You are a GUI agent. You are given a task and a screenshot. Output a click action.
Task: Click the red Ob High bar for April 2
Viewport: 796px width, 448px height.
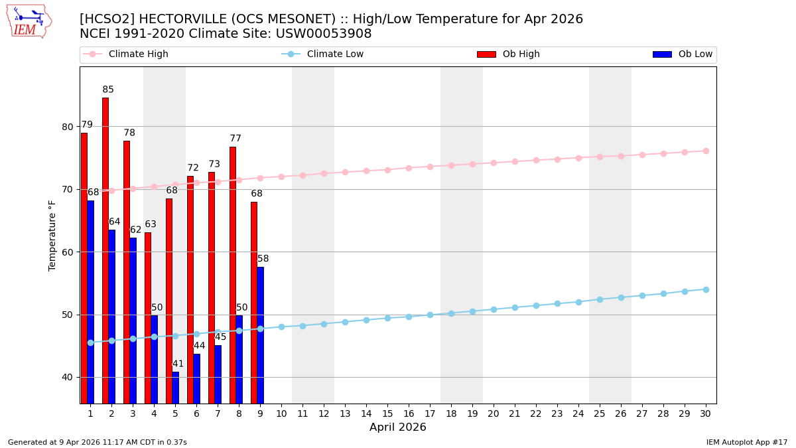(105, 250)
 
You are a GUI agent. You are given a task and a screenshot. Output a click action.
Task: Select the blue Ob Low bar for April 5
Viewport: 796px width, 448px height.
(175, 388)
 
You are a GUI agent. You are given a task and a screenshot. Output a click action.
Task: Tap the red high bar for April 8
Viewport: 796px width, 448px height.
(233, 275)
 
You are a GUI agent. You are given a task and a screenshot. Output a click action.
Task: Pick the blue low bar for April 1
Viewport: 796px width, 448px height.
(90, 302)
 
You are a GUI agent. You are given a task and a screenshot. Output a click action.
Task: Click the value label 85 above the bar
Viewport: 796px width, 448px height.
(108, 90)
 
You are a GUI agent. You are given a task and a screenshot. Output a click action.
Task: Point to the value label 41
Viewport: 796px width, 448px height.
(178, 364)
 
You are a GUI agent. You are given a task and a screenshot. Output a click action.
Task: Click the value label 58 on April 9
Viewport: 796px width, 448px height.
(263, 259)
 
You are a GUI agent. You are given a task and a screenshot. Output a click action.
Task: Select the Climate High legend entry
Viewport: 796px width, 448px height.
(138, 54)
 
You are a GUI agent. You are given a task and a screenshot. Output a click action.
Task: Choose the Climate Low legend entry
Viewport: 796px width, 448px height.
(335, 54)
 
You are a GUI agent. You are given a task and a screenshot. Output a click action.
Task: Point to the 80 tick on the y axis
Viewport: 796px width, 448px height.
(68, 127)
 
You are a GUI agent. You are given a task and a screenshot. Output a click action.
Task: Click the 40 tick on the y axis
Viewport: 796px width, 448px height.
(68, 377)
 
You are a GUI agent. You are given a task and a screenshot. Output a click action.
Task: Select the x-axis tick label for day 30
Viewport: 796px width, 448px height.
(706, 413)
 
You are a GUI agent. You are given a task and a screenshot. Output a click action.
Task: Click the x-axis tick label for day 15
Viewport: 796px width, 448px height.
(387, 413)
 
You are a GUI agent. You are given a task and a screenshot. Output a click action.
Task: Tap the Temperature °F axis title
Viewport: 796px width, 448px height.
(52, 235)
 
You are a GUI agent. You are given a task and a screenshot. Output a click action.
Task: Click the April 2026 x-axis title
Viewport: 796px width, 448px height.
(398, 427)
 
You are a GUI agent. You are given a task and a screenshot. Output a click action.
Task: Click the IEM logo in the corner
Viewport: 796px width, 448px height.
(29, 21)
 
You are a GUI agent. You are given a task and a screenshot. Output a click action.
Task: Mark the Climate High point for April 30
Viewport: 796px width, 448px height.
(706, 151)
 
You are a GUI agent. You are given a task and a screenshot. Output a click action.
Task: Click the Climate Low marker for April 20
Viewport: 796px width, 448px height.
(494, 309)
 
